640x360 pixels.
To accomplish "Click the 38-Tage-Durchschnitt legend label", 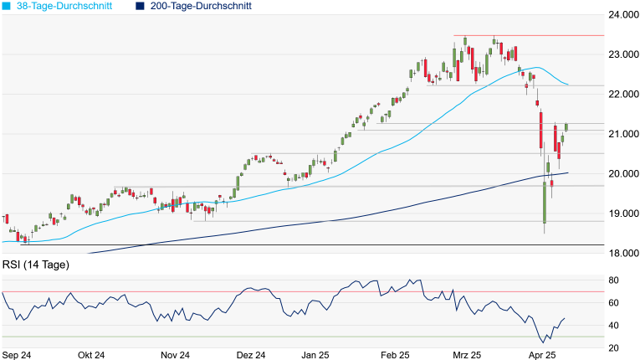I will tap(63, 6).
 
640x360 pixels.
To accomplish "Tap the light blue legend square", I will tap(8, 6).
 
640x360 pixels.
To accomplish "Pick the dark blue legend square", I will tap(140, 6).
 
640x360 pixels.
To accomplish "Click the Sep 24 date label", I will tap(17, 355).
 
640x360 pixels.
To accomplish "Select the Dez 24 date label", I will tap(250, 355).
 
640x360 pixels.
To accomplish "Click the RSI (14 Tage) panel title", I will tap(36, 265).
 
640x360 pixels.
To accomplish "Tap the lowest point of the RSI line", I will tap(542, 342).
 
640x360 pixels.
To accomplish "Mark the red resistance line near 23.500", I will tap(527, 35).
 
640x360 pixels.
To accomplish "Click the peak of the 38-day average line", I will tap(536, 67).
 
